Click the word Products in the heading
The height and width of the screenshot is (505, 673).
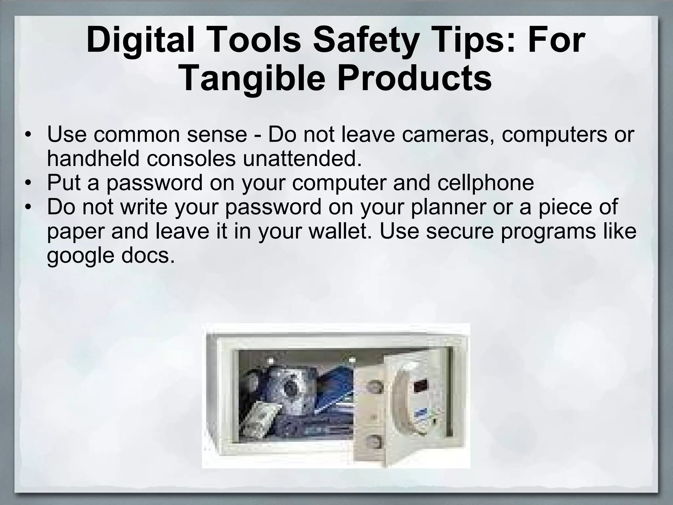[414, 79]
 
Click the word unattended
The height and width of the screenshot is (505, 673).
[302, 159]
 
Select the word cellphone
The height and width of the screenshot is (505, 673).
[485, 183]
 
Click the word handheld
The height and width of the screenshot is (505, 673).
[94, 159]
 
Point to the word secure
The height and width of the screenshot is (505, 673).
[460, 231]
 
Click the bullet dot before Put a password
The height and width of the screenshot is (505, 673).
[29, 183]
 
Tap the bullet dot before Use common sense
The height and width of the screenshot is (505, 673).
[29, 135]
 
